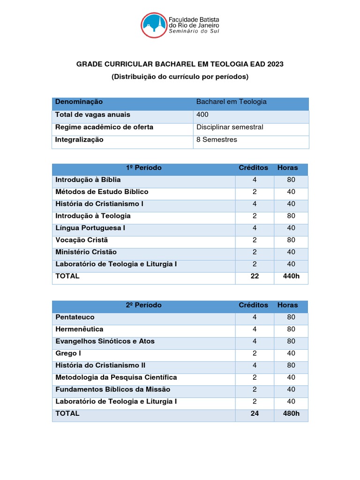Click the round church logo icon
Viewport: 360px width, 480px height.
(154, 25)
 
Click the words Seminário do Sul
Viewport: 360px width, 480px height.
(194, 31)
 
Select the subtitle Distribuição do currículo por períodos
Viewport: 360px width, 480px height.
(180, 76)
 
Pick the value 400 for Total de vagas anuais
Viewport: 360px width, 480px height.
(202, 115)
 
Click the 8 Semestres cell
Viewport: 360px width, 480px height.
(217, 140)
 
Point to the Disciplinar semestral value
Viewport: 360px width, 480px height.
(230, 127)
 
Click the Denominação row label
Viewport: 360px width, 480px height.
(79, 102)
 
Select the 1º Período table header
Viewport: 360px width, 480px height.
(143, 168)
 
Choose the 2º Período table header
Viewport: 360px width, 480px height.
(143, 305)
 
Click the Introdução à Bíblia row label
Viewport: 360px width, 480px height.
(88, 180)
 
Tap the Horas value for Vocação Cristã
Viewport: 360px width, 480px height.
(291, 240)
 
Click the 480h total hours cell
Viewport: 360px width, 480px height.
(291, 414)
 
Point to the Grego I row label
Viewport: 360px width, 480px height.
(68, 353)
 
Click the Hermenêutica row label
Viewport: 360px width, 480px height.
(79, 329)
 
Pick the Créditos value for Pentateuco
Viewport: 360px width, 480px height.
(255, 317)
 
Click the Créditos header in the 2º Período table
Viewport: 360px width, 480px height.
(254, 305)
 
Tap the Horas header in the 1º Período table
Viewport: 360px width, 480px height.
(287, 168)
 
